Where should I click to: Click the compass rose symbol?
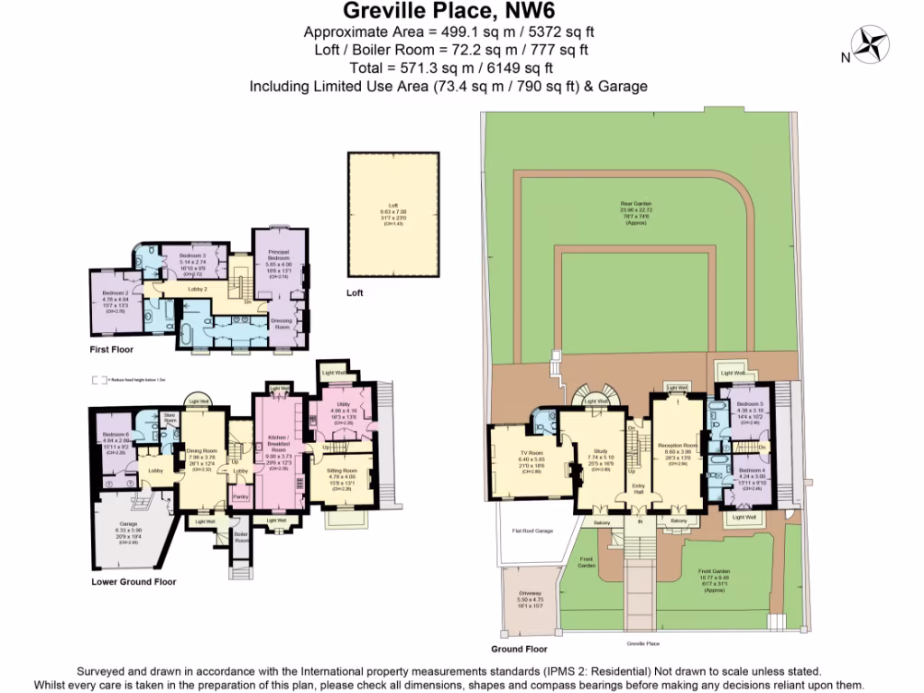click(x=872, y=44)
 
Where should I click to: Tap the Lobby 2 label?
click(x=198, y=289)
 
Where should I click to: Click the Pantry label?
click(x=240, y=496)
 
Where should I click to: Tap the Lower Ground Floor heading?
click(x=134, y=582)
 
